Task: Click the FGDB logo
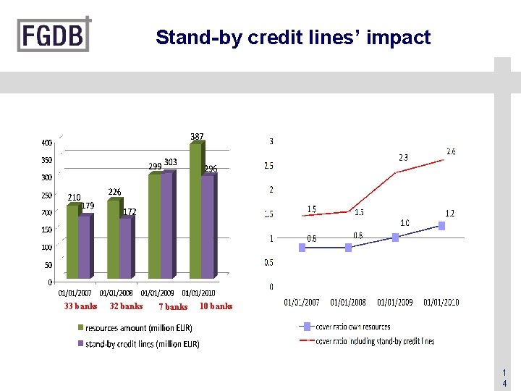[x=54, y=34]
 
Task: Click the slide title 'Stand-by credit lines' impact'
[x=293, y=38]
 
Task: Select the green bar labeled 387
[x=195, y=210]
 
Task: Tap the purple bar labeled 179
[x=85, y=246]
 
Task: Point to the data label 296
[x=210, y=169]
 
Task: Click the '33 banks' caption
[x=80, y=306]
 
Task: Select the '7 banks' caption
[x=173, y=307]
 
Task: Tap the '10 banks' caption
[x=216, y=306]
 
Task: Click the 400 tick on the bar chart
[x=46, y=143]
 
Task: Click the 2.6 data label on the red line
[x=451, y=151]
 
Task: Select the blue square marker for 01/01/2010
[x=441, y=226]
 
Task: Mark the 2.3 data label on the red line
[x=403, y=157]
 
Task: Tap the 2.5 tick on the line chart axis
[x=268, y=166]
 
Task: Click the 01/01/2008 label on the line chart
[x=348, y=302]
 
